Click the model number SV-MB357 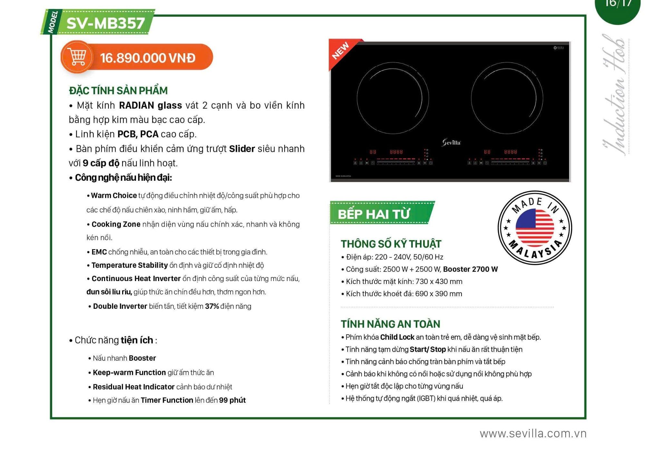[106, 23]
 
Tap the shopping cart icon [77, 57]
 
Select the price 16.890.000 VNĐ [148, 58]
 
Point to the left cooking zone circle [357, 98]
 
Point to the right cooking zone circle [471, 98]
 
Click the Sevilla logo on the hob [451, 142]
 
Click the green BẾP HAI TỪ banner [382, 213]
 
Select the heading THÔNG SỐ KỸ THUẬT [391, 244]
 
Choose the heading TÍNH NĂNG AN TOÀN [390, 324]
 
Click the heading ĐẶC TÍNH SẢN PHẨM [118, 91]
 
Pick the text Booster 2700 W [470, 269]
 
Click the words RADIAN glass [150, 105]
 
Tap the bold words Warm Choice [114, 195]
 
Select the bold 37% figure [212, 306]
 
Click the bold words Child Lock [397, 337]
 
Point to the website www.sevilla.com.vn [533, 434]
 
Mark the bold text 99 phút [232, 400]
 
